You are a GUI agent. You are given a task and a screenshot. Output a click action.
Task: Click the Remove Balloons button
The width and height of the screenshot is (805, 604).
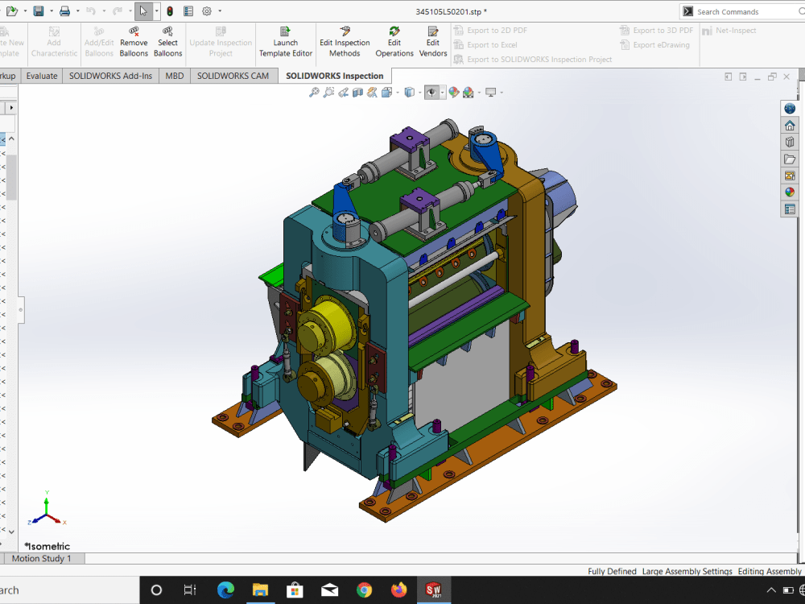134,42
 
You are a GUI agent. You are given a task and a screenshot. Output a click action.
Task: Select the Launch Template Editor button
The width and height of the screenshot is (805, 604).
286,42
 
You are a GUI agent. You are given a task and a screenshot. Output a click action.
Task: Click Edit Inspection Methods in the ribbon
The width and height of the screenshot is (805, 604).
345,42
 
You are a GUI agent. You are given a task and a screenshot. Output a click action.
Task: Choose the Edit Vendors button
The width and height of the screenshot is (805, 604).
433,42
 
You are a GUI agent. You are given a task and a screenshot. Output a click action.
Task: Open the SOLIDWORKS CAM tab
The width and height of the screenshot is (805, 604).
233,76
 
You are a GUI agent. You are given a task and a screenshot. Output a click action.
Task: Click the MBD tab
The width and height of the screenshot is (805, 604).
175,76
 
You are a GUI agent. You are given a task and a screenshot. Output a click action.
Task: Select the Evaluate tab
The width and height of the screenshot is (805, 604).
42,76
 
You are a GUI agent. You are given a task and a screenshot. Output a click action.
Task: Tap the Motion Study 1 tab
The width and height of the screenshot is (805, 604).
41,558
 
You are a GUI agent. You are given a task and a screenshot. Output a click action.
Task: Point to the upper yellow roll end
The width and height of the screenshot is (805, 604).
320,325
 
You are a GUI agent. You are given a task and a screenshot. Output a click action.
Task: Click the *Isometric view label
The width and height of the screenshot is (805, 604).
47,546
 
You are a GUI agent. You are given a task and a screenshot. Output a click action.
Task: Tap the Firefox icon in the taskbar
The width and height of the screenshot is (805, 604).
398,590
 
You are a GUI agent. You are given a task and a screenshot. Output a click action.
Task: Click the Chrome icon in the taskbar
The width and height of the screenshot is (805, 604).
364,590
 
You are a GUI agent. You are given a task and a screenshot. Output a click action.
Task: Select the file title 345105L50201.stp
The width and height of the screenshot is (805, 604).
451,11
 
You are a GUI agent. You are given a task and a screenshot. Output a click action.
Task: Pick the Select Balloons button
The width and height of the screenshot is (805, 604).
168,42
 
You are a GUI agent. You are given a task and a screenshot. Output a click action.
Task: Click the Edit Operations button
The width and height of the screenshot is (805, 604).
394,42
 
